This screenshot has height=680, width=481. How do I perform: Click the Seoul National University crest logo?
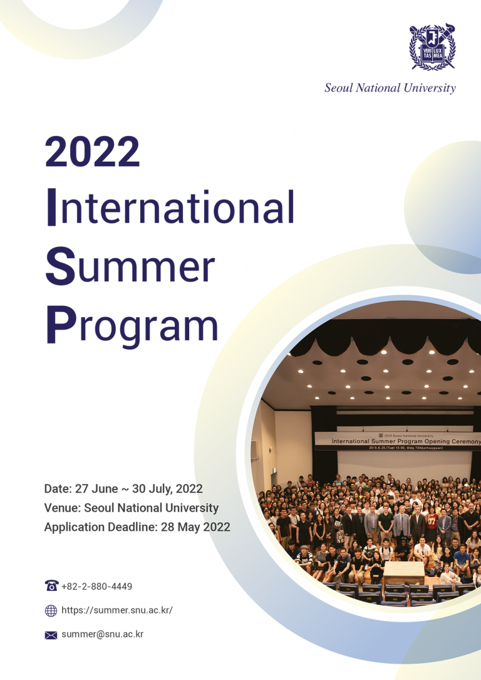[432, 48]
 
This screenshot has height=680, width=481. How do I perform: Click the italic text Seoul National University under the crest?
[390, 88]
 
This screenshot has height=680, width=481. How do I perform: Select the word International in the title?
[170, 208]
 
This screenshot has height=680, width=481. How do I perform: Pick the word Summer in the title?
[130, 266]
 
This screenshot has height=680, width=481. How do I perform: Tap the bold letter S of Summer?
[56, 266]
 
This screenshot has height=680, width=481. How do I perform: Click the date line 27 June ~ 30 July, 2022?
[123, 489]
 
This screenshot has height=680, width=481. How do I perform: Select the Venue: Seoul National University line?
[132, 508]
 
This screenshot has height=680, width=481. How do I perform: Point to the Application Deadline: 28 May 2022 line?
[137, 527]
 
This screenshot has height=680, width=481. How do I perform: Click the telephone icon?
[51, 586]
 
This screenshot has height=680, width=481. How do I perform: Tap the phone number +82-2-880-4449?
[97, 587]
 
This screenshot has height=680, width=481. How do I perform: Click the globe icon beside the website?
[51, 610]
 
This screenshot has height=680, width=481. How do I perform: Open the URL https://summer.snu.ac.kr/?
[117, 610]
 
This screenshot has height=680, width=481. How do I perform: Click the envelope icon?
[51, 635]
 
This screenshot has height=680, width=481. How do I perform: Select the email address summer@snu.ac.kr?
[103, 634]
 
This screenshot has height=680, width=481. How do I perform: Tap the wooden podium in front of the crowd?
[403, 571]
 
